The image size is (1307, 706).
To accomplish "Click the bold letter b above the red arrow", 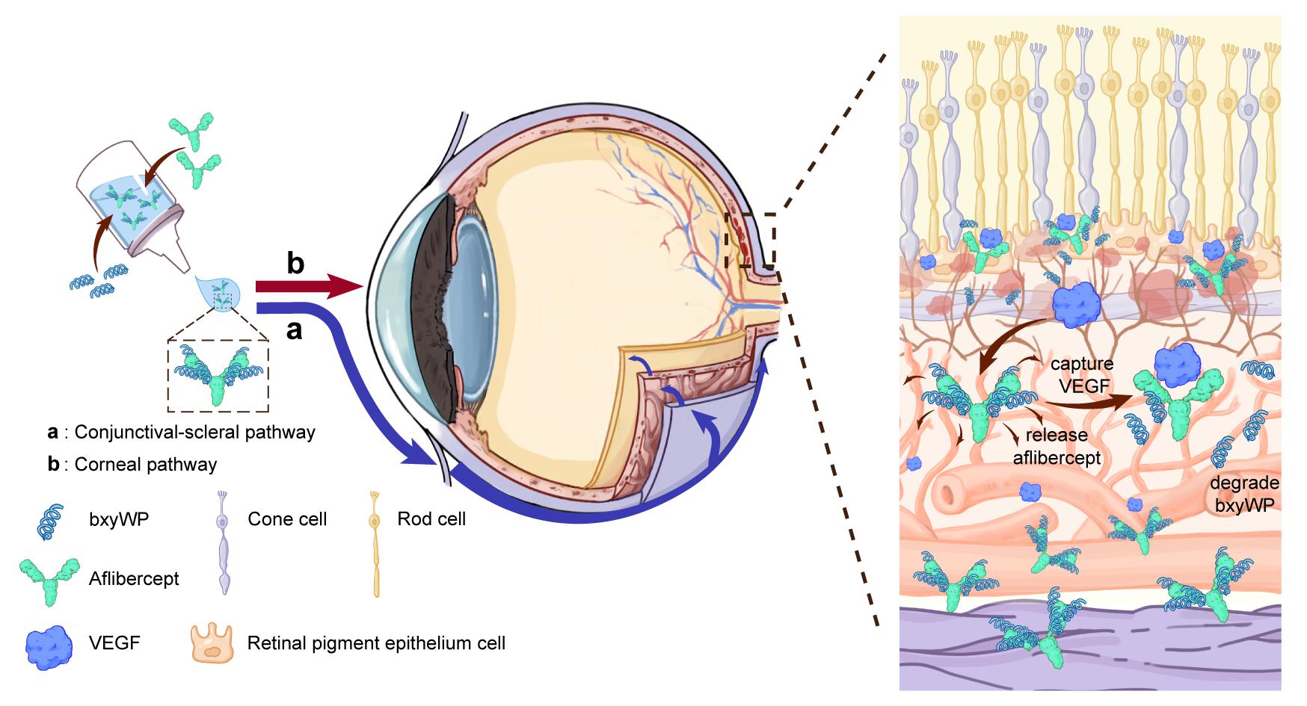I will coord(295,264).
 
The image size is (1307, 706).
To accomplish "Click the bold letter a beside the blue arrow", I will coord(295,329).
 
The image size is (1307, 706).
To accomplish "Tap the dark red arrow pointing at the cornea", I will coord(307,286).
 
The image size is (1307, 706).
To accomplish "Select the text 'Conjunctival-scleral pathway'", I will coord(194,432).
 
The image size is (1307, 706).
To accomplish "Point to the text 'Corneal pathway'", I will coord(146,464).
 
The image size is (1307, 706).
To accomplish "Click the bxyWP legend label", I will coord(118,518).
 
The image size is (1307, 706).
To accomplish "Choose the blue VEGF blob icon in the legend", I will coord(49,643).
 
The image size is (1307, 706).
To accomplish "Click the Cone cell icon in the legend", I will coord(223,542).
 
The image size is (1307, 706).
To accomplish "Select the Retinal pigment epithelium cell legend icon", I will coord(215,642).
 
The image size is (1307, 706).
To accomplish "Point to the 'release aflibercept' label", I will coord(1057,446).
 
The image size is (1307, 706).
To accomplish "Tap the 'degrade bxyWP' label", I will coord(1244,494).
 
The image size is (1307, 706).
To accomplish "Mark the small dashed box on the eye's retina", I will coord(749,240).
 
